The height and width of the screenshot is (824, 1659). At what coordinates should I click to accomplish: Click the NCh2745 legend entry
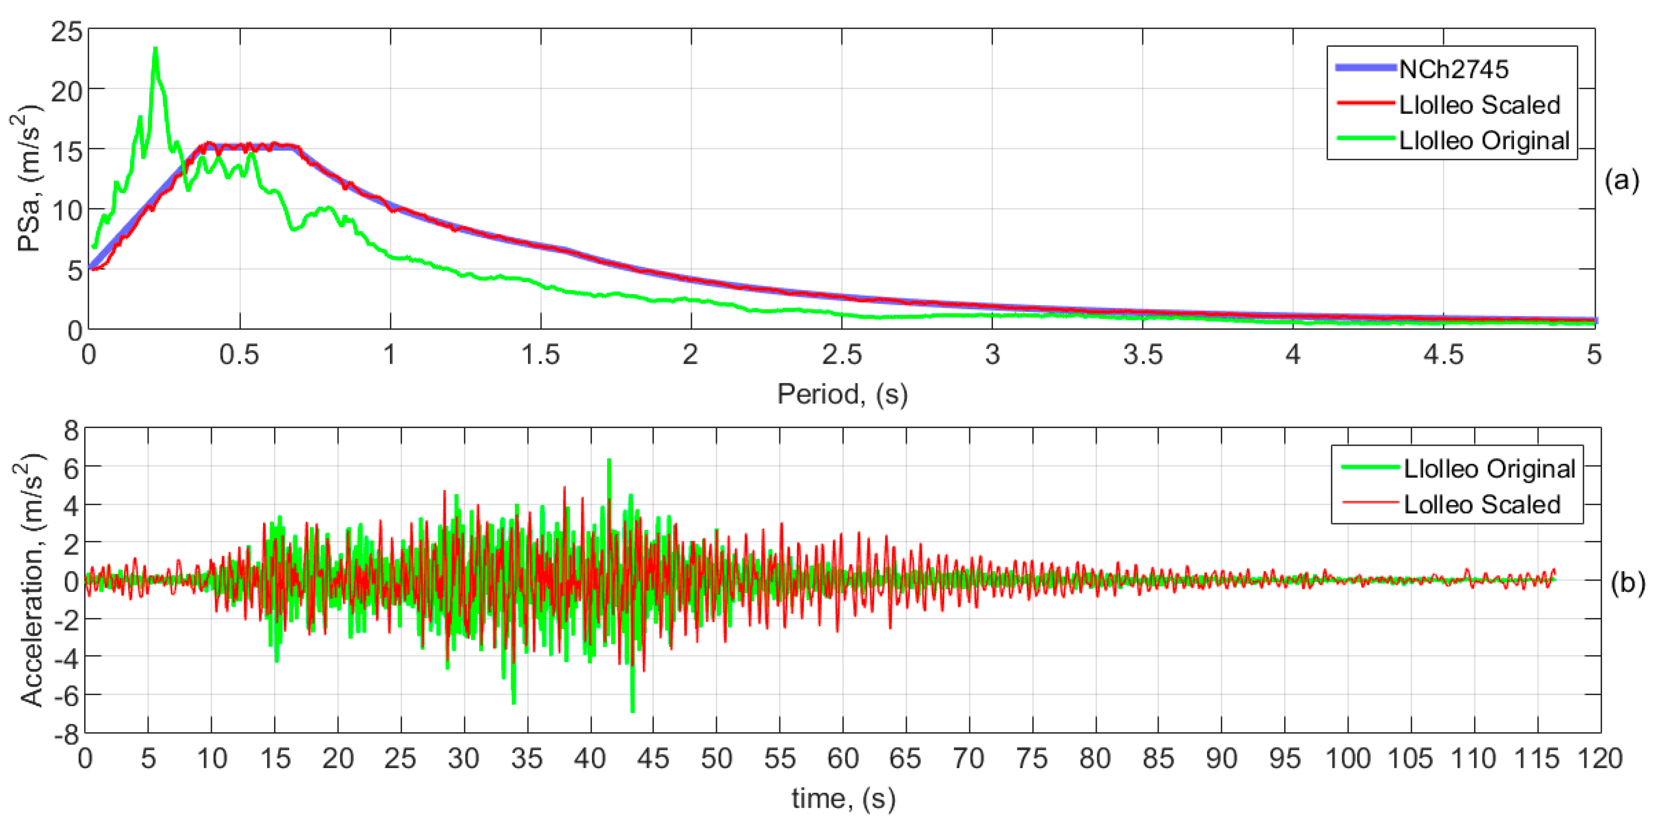click(1453, 69)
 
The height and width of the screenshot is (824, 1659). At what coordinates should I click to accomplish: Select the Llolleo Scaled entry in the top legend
click(1479, 104)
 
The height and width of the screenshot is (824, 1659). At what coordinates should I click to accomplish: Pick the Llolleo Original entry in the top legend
click(1484, 141)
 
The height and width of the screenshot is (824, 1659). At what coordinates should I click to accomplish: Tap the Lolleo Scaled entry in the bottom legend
click(1481, 504)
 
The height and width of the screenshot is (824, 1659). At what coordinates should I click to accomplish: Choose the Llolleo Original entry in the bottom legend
click(1489, 468)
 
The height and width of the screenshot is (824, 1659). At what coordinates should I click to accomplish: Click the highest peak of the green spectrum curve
click(155, 49)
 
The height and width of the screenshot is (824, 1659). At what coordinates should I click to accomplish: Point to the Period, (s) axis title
click(842, 394)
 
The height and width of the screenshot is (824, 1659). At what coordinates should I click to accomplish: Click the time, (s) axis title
click(843, 799)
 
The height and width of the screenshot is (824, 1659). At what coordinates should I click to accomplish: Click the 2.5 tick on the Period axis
click(842, 355)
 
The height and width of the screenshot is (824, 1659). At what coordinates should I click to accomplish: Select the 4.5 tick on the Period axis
click(1443, 355)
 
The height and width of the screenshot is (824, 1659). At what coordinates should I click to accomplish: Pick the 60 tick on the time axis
click(842, 759)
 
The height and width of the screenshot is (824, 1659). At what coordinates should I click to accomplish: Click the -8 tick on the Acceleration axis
click(67, 733)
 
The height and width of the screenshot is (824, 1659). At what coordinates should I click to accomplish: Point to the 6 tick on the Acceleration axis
click(71, 468)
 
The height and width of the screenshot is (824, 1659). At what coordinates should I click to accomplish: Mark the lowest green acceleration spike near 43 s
click(632, 710)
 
